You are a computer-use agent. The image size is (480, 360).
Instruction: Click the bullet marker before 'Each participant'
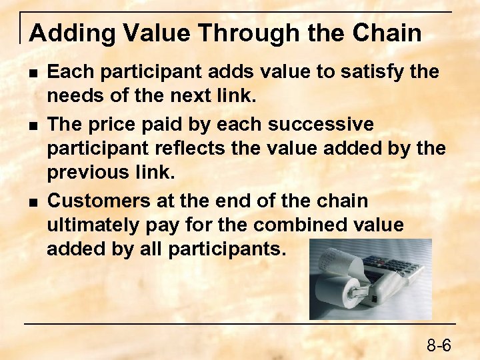coord(33,71)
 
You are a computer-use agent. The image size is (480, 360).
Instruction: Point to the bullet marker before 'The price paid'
coord(33,125)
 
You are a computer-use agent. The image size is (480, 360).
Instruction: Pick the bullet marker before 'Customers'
coord(33,201)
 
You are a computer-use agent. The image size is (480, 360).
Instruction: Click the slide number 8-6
coord(439,345)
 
